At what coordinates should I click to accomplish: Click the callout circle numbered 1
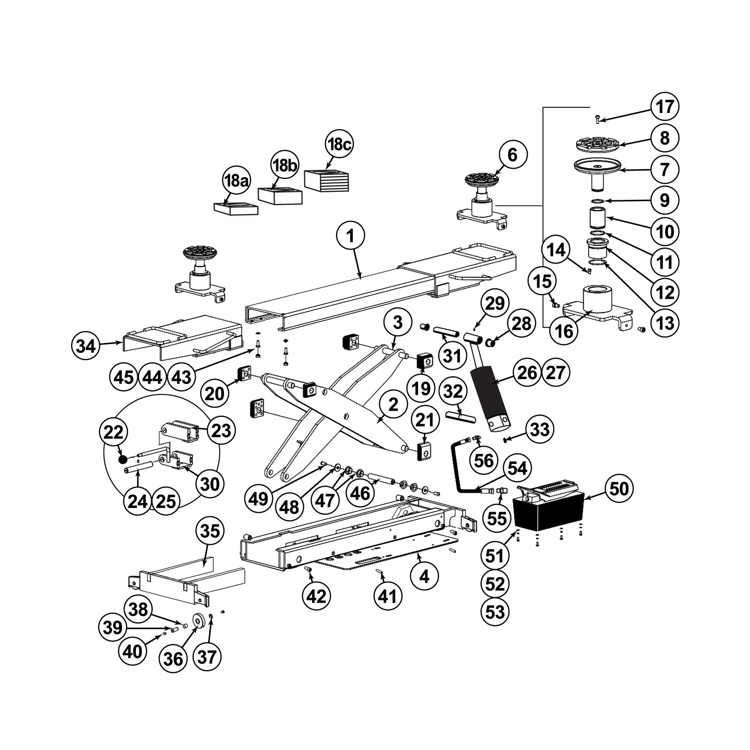point(350,236)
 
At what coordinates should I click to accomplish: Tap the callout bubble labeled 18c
point(339,144)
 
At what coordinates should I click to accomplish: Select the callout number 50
point(619,489)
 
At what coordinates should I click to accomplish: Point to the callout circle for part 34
point(86,346)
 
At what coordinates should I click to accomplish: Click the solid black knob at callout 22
point(123,459)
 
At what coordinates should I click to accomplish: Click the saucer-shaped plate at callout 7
point(598,166)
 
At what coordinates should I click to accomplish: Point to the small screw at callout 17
point(597,119)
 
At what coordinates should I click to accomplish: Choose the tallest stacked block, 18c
point(327,180)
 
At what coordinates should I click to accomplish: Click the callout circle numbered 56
point(484,461)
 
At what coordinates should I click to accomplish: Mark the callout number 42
point(316,596)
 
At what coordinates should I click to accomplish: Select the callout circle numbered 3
point(398,322)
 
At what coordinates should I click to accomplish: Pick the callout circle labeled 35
point(210,531)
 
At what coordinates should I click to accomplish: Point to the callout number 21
point(425,419)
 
